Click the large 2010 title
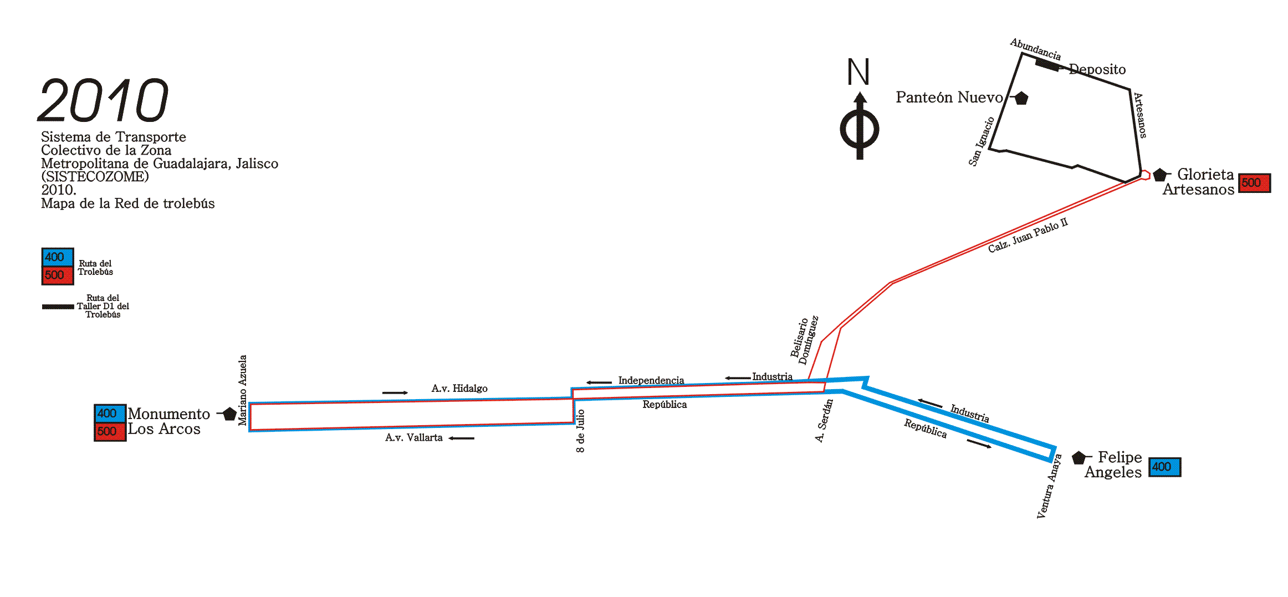103,100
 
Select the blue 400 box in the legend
57,257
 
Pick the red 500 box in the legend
57,275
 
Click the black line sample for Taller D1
58,307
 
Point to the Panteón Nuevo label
949,98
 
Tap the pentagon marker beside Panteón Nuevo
1021,98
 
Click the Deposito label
1097,69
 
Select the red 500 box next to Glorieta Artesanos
1254,183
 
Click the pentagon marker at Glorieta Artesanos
1159,175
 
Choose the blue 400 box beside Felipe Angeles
1164,467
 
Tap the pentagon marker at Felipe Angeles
1079,458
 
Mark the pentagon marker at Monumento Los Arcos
229,414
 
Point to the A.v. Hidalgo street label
459,389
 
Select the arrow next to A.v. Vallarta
462,438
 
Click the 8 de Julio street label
580,431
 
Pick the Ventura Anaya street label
1049,486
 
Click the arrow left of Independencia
599,382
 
